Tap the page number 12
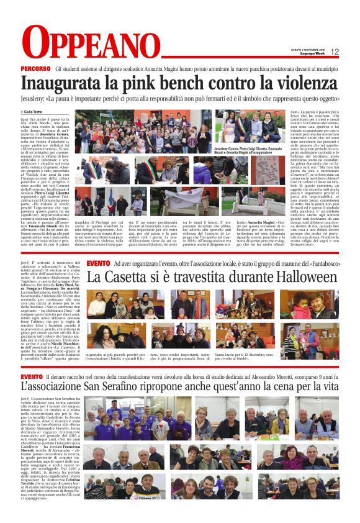point(335,52)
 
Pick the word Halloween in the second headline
point(297,278)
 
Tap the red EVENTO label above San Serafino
point(32,376)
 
